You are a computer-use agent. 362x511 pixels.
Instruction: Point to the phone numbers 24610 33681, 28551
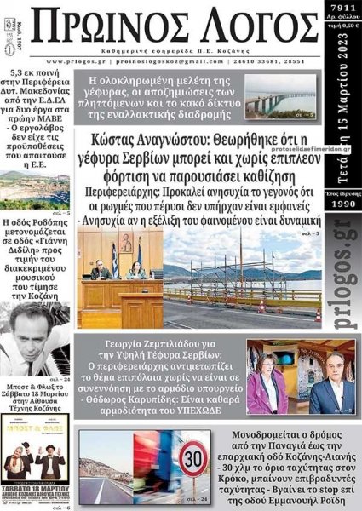(x=289, y=61)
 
